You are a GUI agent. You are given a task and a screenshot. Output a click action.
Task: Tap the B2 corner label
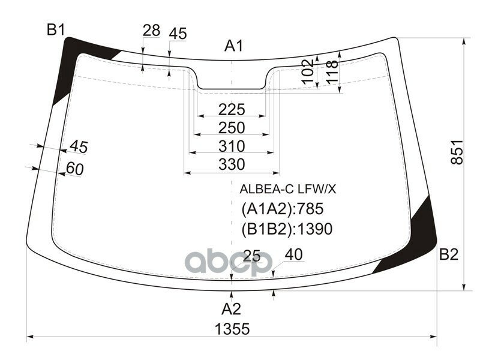[x=448, y=255]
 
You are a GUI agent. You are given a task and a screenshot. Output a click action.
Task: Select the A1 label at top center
[x=234, y=46]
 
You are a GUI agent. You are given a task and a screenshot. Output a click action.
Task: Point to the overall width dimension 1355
[x=232, y=329]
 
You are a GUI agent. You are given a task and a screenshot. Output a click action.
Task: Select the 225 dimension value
[x=232, y=110]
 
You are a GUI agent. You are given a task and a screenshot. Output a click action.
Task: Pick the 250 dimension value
[x=232, y=128]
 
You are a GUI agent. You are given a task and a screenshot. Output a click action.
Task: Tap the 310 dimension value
[x=232, y=146]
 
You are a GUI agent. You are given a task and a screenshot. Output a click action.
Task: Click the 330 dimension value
[x=232, y=164]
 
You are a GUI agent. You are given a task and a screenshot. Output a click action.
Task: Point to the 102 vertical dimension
[x=308, y=71]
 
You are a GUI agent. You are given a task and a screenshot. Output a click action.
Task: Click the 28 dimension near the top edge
[x=152, y=31]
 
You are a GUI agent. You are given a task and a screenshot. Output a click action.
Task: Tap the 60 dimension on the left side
[x=74, y=169]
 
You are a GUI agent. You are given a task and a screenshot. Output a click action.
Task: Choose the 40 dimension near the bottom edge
[x=293, y=254]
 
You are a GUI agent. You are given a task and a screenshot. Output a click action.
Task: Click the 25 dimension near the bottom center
[x=251, y=257]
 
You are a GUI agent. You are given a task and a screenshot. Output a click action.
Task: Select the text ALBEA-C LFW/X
[x=288, y=190]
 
